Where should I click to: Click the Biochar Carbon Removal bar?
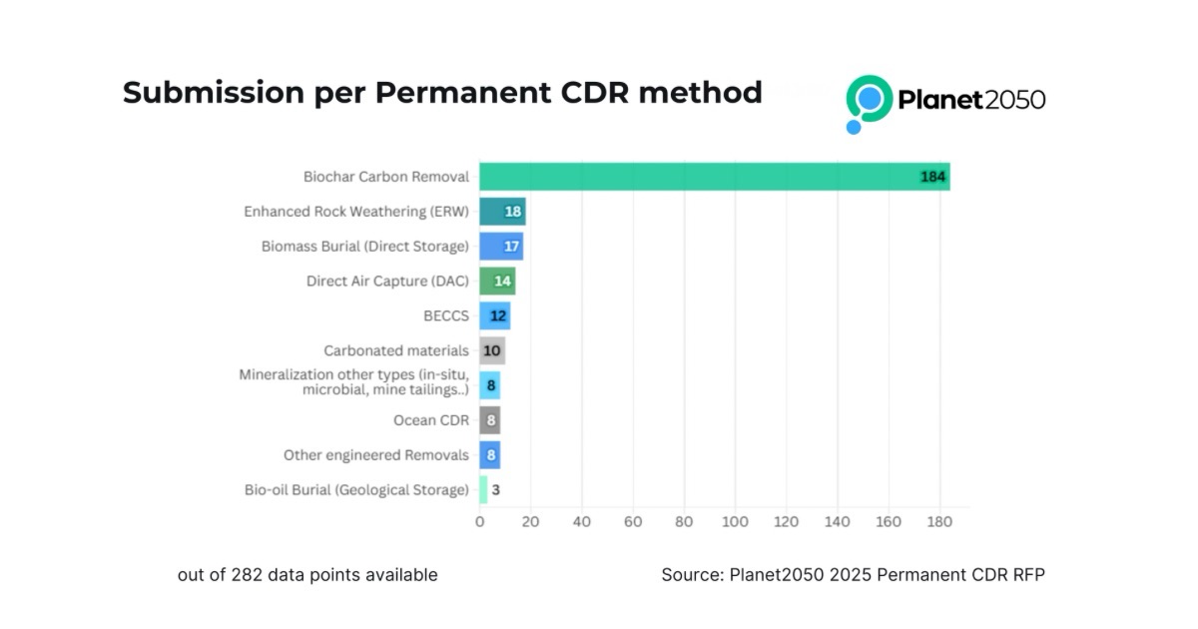pyautogui.click(x=714, y=177)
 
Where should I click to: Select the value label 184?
pyautogui.click(x=933, y=178)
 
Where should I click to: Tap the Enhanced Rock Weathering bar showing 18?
pyautogui.click(x=502, y=212)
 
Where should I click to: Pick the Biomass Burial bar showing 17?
pyautogui.click(x=500, y=247)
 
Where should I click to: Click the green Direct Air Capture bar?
pyautogui.click(x=497, y=281)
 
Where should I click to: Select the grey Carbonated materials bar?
pyautogui.click(x=491, y=350)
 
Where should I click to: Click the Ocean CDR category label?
pyautogui.click(x=430, y=420)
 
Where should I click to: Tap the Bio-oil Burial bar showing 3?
pyautogui.click(x=483, y=489)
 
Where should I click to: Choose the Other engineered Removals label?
pyautogui.click(x=375, y=455)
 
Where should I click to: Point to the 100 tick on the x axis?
pyautogui.click(x=736, y=521)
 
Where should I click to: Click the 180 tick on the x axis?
pyautogui.click(x=939, y=521)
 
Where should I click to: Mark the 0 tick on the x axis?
pyautogui.click(x=479, y=521)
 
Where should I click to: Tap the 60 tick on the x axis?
pyautogui.click(x=633, y=521)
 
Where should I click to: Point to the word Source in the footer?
pyautogui.click(x=691, y=575)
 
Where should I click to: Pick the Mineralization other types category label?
pyautogui.click(x=353, y=382)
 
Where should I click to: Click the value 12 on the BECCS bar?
pyautogui.click(x=498, y=315)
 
